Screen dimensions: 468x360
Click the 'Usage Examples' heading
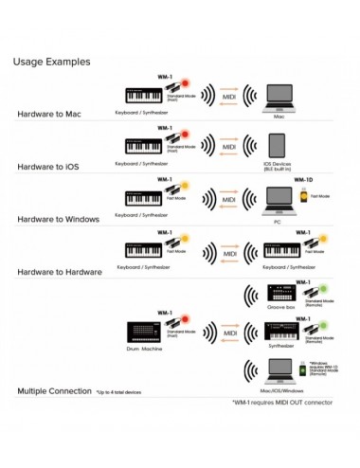coord(52,62)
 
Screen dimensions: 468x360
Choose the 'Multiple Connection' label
coord(54,390)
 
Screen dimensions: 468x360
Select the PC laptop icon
coord(279,199)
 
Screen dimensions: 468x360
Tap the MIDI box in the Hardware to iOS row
coord(227,148)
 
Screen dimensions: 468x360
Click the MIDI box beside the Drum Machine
coord(227,332)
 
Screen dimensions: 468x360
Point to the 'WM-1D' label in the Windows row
coord(304,179)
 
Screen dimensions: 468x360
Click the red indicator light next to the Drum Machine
coord(187,321)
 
